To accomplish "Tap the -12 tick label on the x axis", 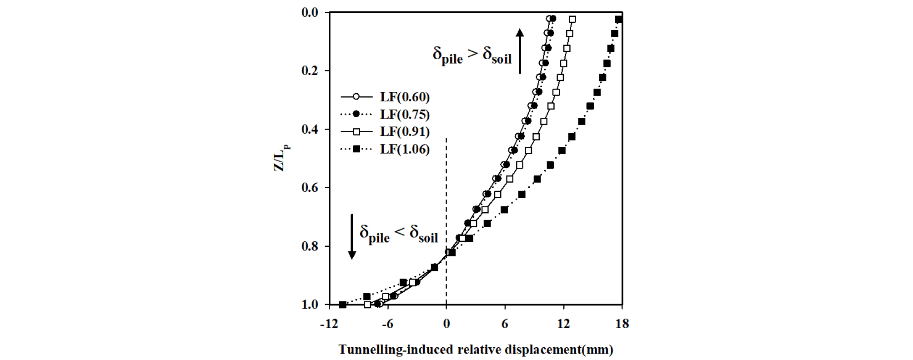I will (x=329, y=324).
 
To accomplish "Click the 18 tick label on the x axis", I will (x=622, y=324).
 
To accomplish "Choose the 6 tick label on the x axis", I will (x=505, y=324).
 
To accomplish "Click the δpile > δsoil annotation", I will (x=472, y=55).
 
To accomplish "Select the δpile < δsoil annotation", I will (x=398, y=233).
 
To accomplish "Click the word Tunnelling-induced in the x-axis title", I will (x=396, y=350).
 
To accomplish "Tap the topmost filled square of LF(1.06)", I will (x=618, y=20).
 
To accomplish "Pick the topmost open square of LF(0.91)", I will (x=572, y=20).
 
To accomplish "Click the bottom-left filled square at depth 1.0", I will (x=343, y=305).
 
